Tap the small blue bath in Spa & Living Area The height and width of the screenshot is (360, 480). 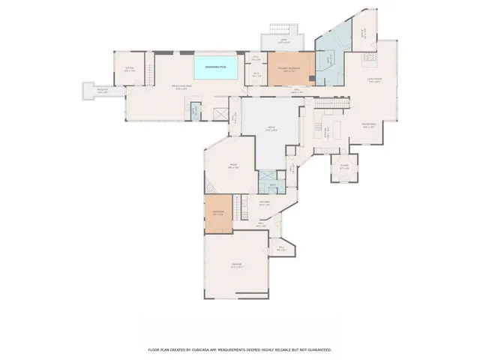194,112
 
